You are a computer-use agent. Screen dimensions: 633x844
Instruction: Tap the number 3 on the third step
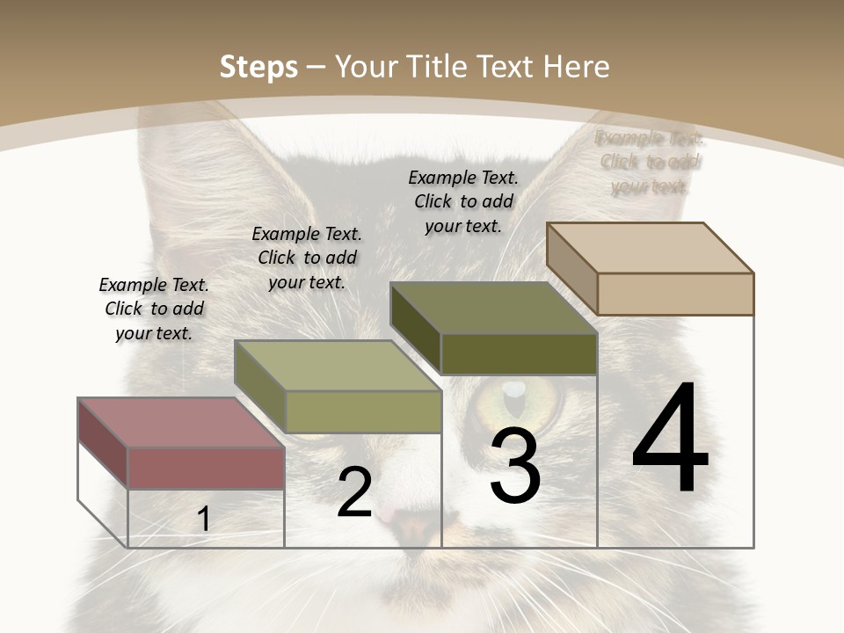pos(514,466)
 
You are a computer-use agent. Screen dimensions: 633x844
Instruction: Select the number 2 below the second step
pos(354,492)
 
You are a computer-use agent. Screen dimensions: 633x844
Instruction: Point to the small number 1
pos(203,519)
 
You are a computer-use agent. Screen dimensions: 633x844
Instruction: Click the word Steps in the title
pos(258,67)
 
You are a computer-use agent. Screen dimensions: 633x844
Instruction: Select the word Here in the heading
pos(577,67)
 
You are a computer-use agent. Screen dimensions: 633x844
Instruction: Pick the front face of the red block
pos(206,468)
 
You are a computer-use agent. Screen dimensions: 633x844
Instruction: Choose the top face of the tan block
pos(650,248)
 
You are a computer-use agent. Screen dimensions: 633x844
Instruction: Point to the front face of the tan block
pos(675,294)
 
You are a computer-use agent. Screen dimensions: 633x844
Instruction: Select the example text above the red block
pos(154,309)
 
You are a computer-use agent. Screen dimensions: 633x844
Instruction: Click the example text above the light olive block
pos(307,258)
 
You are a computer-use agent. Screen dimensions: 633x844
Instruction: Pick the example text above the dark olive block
pos(463,201)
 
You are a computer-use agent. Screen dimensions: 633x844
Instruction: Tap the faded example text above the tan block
pos(650,162)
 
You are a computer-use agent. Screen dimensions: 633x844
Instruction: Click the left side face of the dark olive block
pos(415,327)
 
